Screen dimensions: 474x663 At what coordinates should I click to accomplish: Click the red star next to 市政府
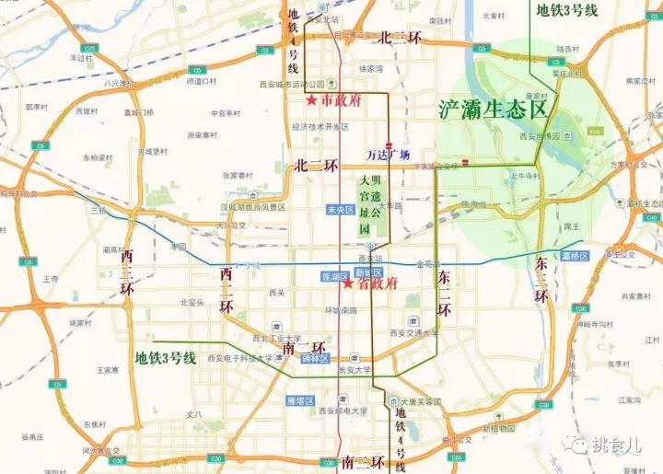(312, 99)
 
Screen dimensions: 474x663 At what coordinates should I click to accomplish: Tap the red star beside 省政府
(349, 284)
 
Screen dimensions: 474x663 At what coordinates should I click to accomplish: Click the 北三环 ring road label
(399, 38)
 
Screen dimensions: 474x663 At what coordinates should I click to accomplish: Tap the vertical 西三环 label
(126, 273)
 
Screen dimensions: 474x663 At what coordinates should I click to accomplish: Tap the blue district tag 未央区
(340, 210)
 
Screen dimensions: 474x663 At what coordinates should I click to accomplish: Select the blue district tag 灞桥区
(573, 254)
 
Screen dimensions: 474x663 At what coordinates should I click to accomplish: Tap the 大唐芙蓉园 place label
(419, 402)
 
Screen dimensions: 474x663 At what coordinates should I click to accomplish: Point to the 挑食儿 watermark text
(619, 445)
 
